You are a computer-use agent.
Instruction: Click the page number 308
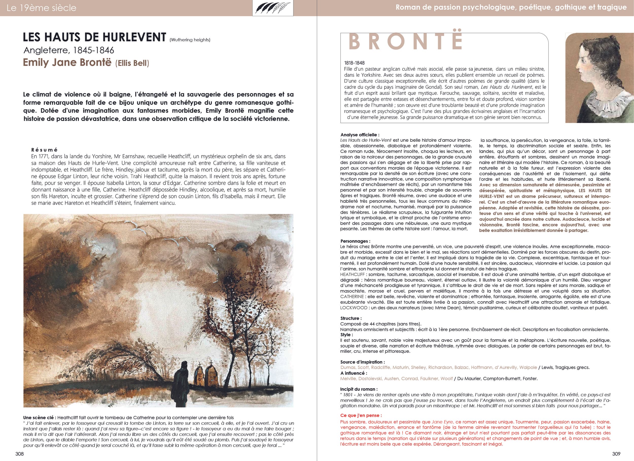(x=20, y=454)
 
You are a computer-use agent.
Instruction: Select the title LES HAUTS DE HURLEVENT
(x=95, y=37)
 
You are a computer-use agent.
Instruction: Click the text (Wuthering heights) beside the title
(x=190, y=40)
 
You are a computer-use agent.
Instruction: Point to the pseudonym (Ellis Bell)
(x=132, y=63)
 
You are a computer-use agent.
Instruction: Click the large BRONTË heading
(x=406, y=42)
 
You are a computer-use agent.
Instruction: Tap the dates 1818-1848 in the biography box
(x=354, y=63)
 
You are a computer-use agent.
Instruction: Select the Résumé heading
(x=44, y=150)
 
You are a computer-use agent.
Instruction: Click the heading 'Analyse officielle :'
(x=360, y=135)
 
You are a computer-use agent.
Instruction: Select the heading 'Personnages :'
(x=355, y=241)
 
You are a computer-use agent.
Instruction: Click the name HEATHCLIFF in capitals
(x=352, y=274)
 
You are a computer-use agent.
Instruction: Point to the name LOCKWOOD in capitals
(x=354, y=308)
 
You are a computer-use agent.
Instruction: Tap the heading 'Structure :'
(x=351, y=318)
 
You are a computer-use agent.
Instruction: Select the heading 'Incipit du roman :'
(x=359, y=389)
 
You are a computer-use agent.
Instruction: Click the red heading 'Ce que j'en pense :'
(x=361, y=415)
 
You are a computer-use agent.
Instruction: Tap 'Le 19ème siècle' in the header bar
(x=41, y=8)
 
